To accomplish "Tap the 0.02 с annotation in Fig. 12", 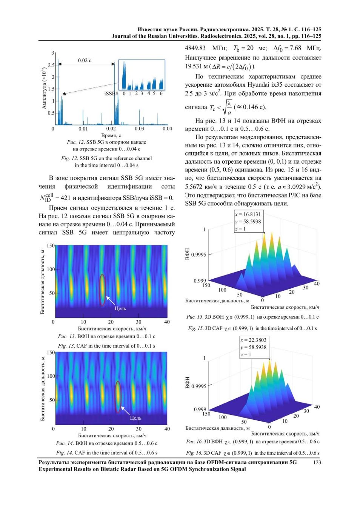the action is coord(85,60).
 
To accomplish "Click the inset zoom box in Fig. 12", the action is coord(142,75).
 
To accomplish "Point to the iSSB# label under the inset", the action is coord(111,94).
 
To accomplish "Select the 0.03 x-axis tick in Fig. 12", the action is coord(139,129).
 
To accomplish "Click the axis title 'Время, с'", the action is coord(111,135).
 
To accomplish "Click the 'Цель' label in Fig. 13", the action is coord(120,308).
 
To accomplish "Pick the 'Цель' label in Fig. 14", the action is coord(135,418).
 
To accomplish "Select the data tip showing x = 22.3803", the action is coord(254,347).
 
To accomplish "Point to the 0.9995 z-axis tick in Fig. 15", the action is coord(198,255).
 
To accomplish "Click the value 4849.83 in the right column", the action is coord(195,48).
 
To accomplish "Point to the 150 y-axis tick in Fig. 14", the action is coord(51,353).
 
